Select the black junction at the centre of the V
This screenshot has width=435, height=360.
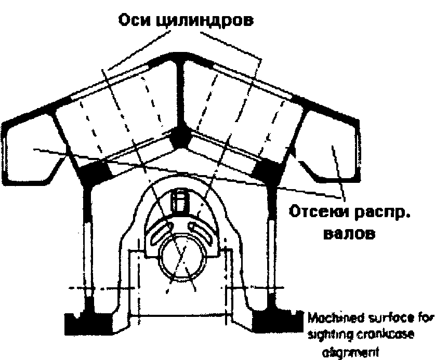click(180, 136)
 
